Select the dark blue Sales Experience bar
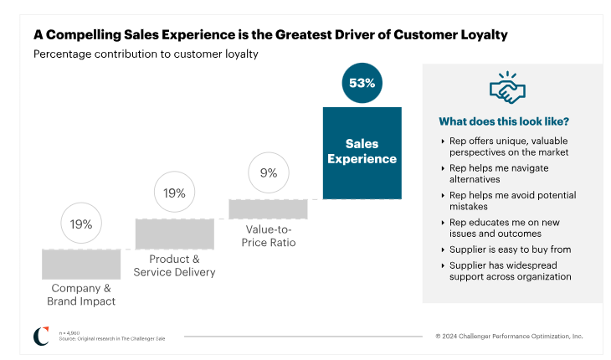[x=362, y=152]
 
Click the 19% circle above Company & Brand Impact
[x=81, y=224]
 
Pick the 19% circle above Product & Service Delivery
[x=175, y=193]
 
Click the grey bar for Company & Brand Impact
[x=81, y=264]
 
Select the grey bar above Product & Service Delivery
[x=175, y=234]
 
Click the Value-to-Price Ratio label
[x=270, y=235]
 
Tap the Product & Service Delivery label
[x=176, y=265]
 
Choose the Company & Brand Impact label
[x=81, y=295]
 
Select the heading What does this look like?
[x=504, y=121]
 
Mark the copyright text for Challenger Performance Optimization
[x=509, y=336]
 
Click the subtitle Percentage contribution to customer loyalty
[x=146, y=54]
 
